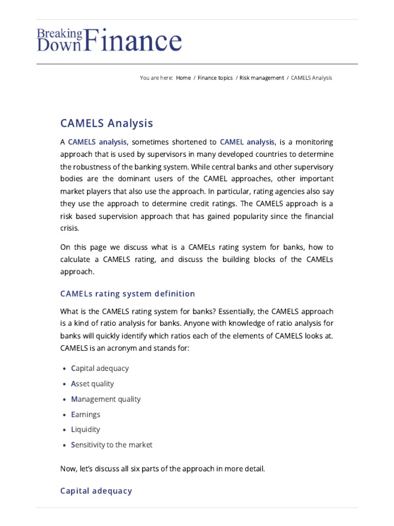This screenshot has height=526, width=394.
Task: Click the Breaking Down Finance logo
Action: (x=109, y=41)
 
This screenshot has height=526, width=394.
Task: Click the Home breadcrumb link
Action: (x=183, y=78)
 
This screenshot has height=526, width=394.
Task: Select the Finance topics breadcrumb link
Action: (x=215, y=78)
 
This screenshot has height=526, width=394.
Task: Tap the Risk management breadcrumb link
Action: (x=262, y=78)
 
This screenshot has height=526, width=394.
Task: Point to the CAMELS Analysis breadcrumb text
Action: (x=311, y=78)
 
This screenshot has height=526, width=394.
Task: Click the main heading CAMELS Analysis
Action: (x=107, y=123)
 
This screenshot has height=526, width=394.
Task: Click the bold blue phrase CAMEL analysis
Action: (x=247, y=142)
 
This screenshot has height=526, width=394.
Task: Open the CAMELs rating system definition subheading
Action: (x=128, y=294)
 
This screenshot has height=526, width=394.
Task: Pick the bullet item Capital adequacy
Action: (x=100, y=368)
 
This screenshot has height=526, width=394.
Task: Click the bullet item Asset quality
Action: (x=92, y=384)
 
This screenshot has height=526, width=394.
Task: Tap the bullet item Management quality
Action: (x=106, y=399)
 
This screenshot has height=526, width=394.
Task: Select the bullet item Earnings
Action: (x=86, y=414)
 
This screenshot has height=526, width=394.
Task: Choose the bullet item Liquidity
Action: (x=86, y=429)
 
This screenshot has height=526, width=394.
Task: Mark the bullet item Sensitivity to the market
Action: (x=112, y=445)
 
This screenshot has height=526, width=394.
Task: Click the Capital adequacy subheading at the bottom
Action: (x=96, y=491)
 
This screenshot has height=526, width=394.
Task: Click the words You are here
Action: (x=156, y=78)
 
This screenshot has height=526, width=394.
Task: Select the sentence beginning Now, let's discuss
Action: (x=163, y=469)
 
